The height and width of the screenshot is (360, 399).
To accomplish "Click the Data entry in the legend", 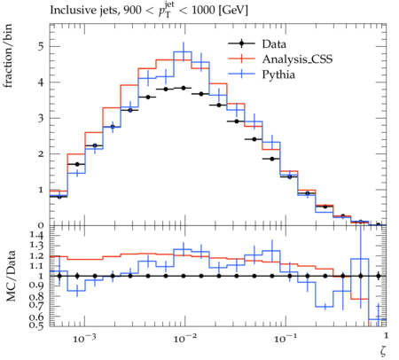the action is (274, 44).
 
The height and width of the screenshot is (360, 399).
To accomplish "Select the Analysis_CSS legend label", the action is (297, 59).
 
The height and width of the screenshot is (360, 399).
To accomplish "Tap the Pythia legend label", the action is (278, 74).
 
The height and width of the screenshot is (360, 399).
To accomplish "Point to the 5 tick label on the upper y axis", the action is (41, 47).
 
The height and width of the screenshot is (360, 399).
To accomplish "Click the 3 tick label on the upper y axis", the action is (41, 118).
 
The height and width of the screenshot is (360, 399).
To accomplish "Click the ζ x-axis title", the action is (383, 351).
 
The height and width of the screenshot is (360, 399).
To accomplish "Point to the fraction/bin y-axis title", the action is (8, 56).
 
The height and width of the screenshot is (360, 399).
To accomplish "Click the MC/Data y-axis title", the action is (11, 276).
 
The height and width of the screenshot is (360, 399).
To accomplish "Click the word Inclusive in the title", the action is (69, 10).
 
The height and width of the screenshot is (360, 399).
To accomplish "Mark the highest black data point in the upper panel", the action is (184, 88).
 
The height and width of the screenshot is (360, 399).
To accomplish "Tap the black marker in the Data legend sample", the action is (241, 43).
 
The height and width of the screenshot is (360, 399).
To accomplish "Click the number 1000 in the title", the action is (203, 10).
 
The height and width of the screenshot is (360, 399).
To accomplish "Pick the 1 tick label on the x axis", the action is (386, 335).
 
